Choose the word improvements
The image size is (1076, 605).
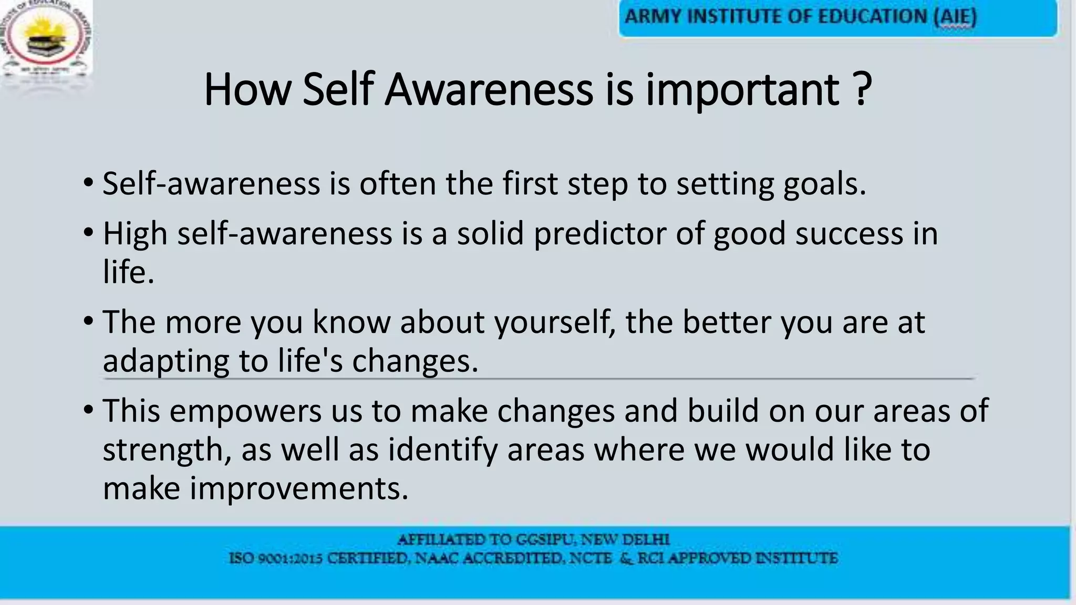point(299,488)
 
